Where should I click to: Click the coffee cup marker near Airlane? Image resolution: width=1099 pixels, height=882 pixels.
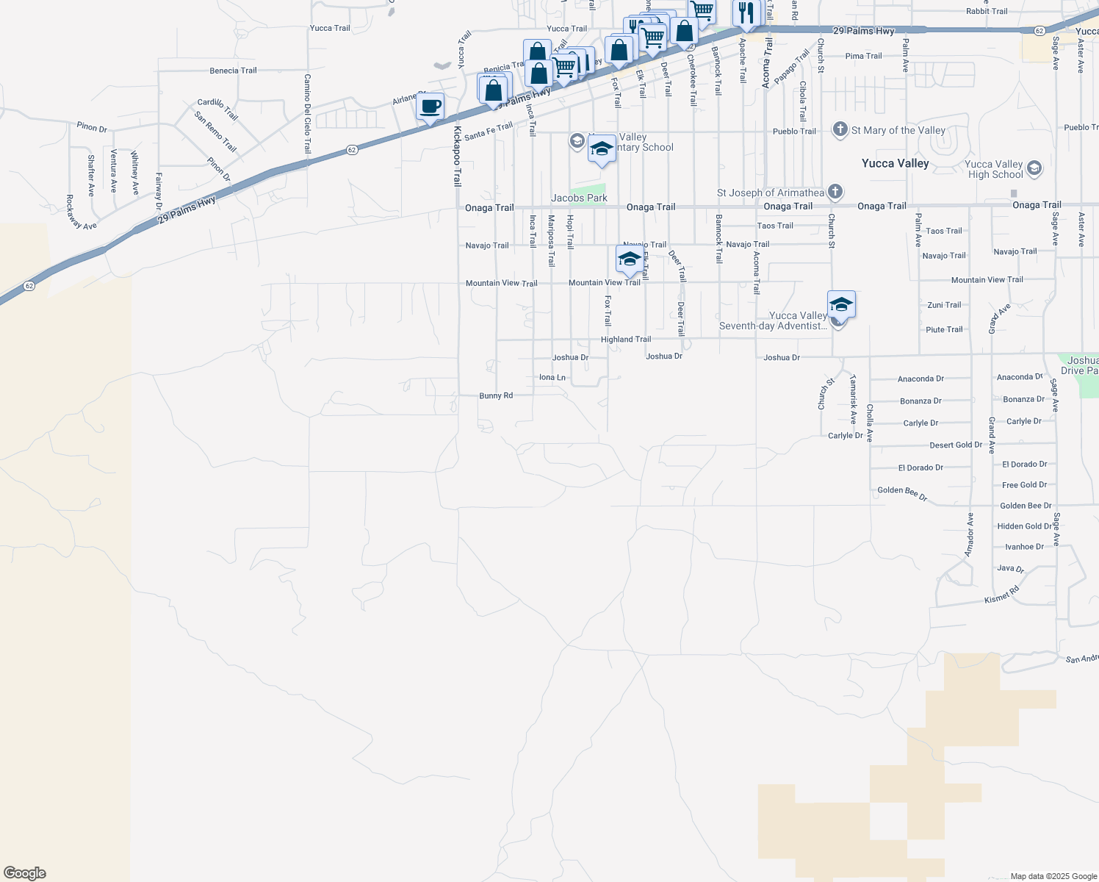[430, 107]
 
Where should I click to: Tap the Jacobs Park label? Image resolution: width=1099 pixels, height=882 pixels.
[579, 198]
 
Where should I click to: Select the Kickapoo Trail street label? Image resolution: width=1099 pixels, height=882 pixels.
[457, 156]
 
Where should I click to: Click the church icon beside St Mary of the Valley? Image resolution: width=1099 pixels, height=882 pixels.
[840, 130]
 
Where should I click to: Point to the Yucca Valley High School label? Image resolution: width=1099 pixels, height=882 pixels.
[995, 170]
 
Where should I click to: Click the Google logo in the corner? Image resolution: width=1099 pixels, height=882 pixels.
[24, 873]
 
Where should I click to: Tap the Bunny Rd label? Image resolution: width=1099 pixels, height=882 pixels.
[496, 395]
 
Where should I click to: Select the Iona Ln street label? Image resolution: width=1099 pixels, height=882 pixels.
[552, 377]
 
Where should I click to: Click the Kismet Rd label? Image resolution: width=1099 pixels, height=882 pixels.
[1002, 595]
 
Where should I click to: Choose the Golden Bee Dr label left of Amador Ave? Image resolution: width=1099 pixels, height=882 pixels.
[902, 494]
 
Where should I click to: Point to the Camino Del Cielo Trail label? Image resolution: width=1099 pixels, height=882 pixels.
[307, 114]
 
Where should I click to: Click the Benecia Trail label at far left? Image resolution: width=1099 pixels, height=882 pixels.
[233, 71]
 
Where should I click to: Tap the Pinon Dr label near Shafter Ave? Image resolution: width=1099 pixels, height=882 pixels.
[92, 127]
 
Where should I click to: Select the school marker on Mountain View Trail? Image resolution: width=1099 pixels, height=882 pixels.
[629, 259]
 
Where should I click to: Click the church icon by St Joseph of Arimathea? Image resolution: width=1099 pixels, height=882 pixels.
[835, 192]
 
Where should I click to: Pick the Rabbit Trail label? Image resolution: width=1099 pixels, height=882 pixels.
[987, 11]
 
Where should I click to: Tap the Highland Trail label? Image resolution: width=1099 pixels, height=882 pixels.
[626, 340]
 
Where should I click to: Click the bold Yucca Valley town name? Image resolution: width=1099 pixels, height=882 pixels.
[895, 163]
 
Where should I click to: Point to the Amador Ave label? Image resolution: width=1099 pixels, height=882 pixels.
[970, 534]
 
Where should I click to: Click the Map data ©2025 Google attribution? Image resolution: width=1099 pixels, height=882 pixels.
[1053, 876]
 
